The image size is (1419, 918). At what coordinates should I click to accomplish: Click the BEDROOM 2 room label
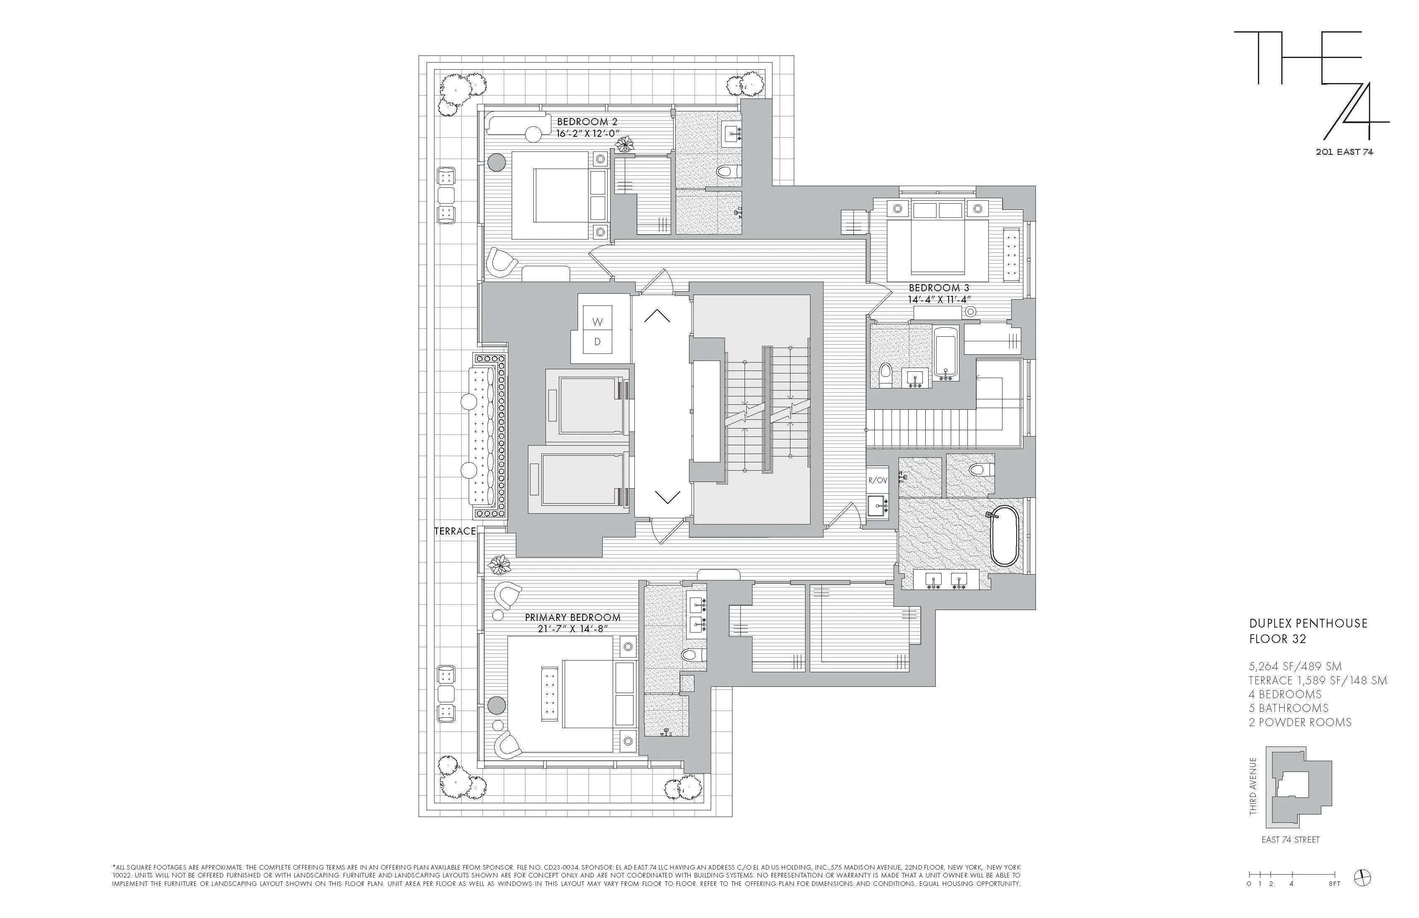(587, 121)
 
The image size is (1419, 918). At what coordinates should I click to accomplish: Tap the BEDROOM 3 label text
(939, 288)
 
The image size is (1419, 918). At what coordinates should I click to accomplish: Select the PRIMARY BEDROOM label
(572, 618)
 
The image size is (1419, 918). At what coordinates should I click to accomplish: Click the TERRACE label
(455, 531)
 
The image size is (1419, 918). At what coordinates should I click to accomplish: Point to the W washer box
(597, 322)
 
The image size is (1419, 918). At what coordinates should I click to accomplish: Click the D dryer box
(597, 342)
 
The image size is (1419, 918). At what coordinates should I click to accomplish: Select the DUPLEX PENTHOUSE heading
(1308, 623)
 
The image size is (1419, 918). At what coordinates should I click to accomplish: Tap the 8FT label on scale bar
(1334, 883)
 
